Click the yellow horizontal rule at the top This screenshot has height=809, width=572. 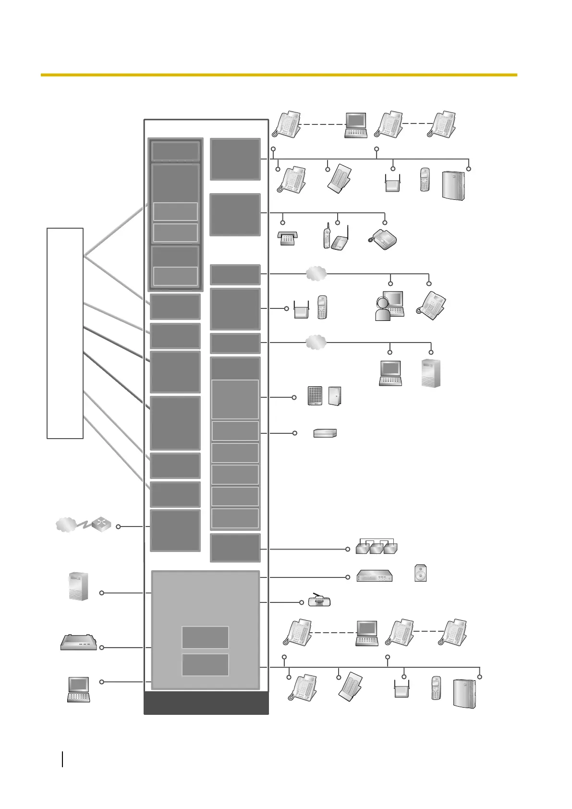coord(279,75)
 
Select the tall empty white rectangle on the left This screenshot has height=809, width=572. coord(65,333)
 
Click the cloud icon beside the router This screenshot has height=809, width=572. coord(66,524)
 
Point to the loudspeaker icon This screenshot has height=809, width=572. coord(420,573)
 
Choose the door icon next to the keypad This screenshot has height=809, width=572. coord(335,396)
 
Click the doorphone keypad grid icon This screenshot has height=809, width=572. coord(315,396)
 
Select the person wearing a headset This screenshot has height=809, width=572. coord(383,308)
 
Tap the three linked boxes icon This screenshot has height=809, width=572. coord(377,547)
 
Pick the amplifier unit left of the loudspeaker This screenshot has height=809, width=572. coord(375,576)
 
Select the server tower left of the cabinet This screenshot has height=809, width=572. coord(78,586)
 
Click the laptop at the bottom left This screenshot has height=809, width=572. coord(78,689)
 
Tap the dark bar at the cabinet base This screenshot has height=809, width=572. coord(206,703)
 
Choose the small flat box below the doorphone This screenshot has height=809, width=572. coord(325,433)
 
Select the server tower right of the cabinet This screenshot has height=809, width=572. coord(431,373)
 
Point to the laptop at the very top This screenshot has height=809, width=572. coord(356,125)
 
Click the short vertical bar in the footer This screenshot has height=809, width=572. coord(62,759)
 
